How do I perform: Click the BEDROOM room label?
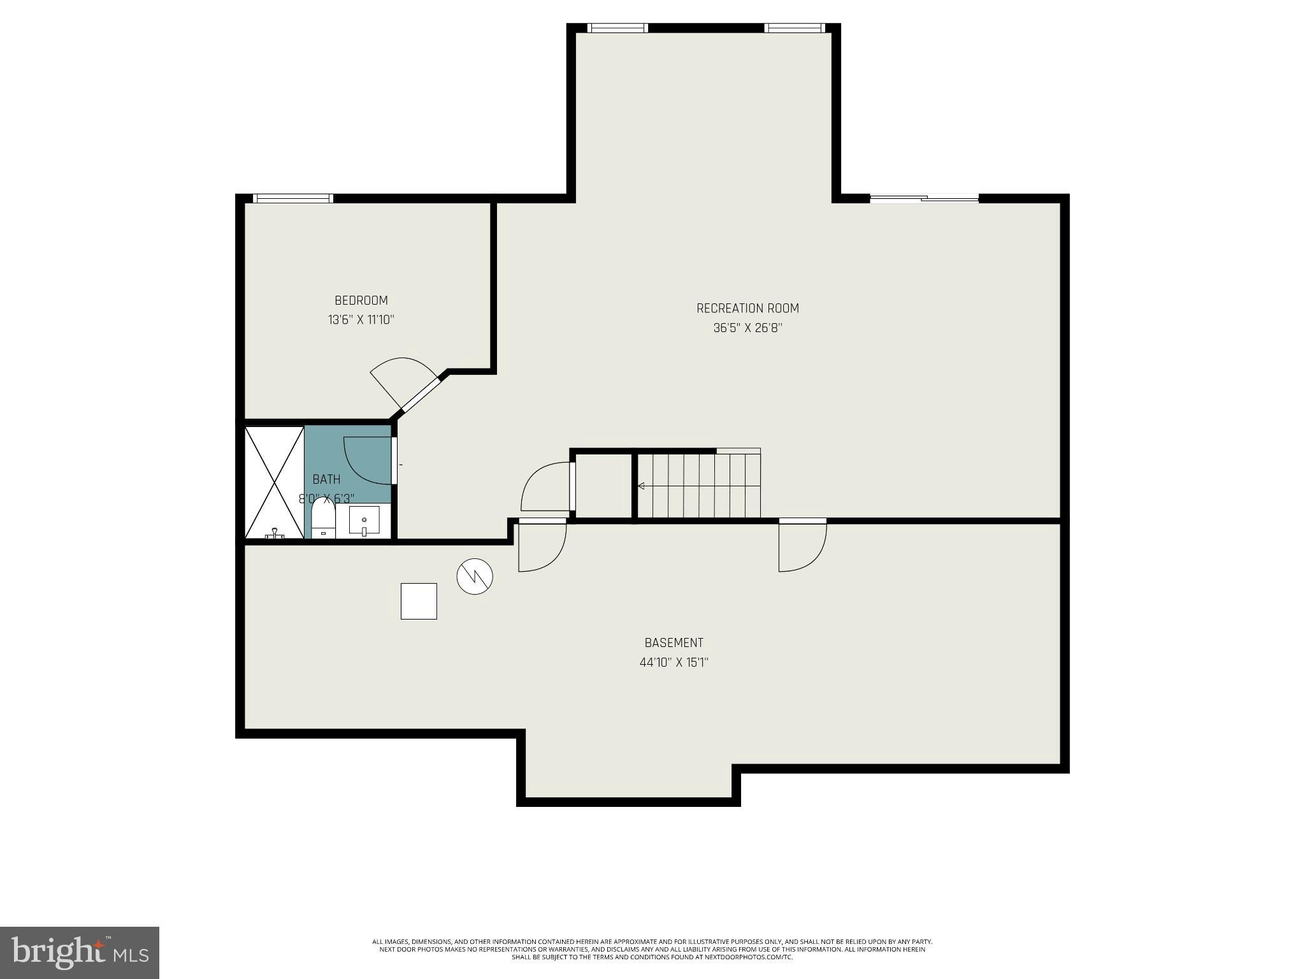tap(361, 300)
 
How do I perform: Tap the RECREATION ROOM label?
tap(747, 308)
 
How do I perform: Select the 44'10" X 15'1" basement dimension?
tap(674, 662)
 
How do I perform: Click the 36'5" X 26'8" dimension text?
tap(747, 328)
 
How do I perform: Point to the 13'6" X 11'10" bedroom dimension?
tap(361, 320)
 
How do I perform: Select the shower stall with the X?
tap(275, 482)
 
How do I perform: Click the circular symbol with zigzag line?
tap(475, 577)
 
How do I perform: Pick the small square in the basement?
tap(419, 601)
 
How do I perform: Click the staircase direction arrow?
tap(641, 486)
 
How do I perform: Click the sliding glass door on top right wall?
tap(923, 199)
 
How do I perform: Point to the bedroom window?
tap(293, 198)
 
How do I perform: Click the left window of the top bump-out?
tap(617, 28)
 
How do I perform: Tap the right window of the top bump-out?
tap(794, 28)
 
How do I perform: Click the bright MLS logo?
tap(80, 952)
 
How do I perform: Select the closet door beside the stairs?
tap(545, 487)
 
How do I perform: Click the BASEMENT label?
tap(674, 642)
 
